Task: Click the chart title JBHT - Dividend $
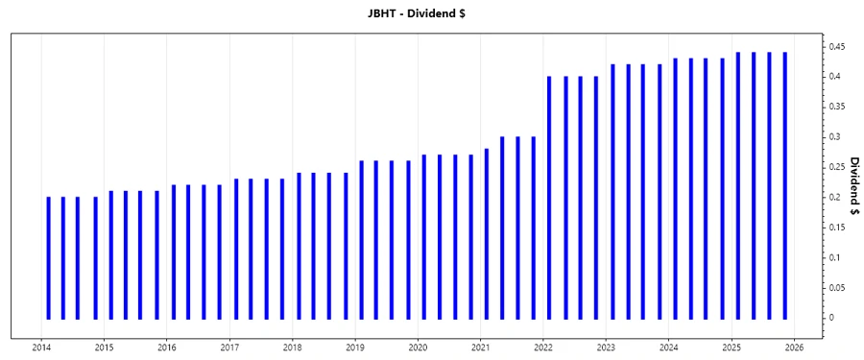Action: [x=432, y=13]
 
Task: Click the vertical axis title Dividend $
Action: [x=854, y=186]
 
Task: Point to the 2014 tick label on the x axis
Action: [x=41, y=348]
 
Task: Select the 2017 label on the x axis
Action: [x=229, y=348]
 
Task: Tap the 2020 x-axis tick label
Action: [x=418, y=348]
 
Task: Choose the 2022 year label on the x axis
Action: [x=543, y=348]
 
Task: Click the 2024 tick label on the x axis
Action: [x=669, y=348]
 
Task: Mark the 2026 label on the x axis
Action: [x=794, y=348]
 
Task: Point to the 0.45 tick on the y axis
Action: [x=838, y=46]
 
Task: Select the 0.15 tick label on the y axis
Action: [x=838, y=228]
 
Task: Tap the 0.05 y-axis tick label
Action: [x=838, y=288]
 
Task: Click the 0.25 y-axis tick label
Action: [x=838, y=167]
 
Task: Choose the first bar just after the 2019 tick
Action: [x=361, y=239]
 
